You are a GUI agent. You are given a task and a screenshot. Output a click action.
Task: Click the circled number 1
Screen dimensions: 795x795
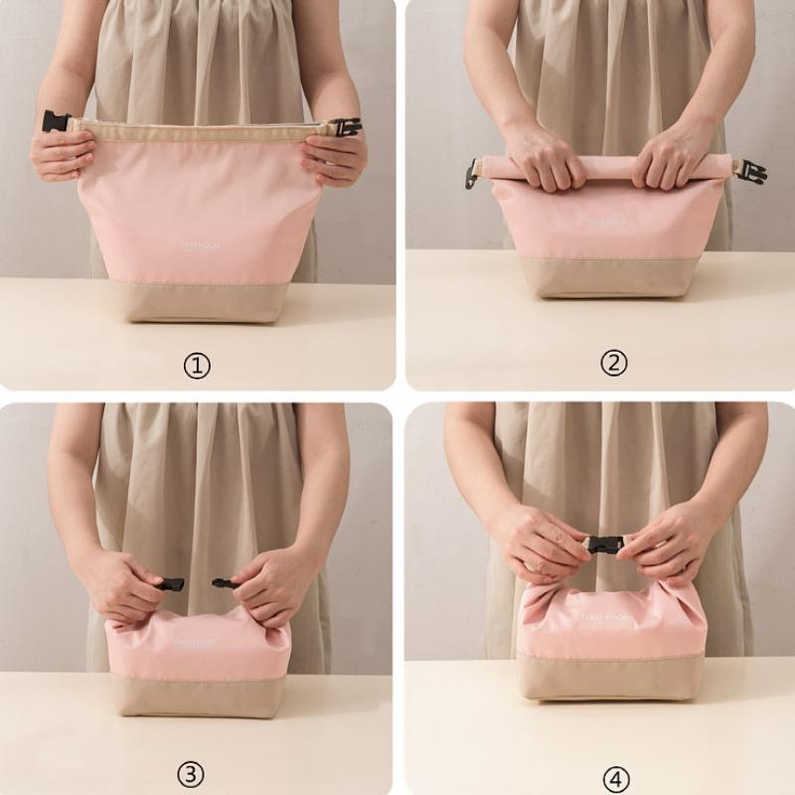pyautogui.click(x=197, y=366)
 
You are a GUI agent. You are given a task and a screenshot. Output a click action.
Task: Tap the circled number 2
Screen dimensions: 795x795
pyautogui.click(x=614, y=364)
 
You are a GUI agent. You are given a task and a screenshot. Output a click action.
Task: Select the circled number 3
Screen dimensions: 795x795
pyautogui.click(x=191, y=773)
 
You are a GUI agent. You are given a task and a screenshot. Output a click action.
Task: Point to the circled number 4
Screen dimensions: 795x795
pyautogui.click(x=616, y=777)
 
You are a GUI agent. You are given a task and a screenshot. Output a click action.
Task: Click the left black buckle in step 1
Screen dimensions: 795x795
pyautogui.click(x=56, y=121)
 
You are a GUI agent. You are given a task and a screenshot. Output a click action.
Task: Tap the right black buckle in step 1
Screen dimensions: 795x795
pyautogui.click(x=346, y=127)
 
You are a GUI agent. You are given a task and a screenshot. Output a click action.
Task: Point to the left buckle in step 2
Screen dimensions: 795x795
pyautogui.click(x=471, y=175)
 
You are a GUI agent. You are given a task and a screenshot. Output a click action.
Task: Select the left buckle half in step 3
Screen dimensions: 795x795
pyautogui.click(x=171, y=584)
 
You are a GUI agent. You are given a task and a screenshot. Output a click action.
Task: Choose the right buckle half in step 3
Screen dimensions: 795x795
pyautogui.click(x=224, y=583)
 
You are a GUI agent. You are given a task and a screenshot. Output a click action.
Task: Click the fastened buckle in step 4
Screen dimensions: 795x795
pyautogui.click(x=604, y=544)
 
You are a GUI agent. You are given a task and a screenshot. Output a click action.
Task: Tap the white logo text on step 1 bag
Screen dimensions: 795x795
pyautogui.click(x=198, y=245)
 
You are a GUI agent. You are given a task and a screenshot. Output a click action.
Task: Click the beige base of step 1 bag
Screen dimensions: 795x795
pyautogui.click(x=199, y=300)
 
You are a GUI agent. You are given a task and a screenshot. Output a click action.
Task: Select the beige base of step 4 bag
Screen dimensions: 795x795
pyautogui.click(x=611, y=678)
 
